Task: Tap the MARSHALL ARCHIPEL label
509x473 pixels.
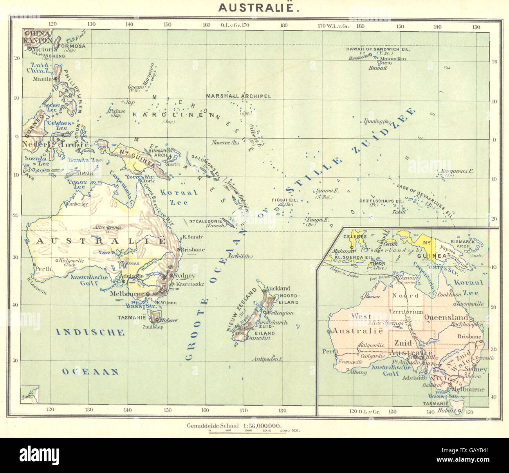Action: (238, 96)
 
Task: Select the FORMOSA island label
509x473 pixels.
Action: (71, 46)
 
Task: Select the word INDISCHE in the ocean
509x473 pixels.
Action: (90, 333)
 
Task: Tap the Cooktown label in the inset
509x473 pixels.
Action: (449, 294)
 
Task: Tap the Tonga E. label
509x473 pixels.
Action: (318, 220)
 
